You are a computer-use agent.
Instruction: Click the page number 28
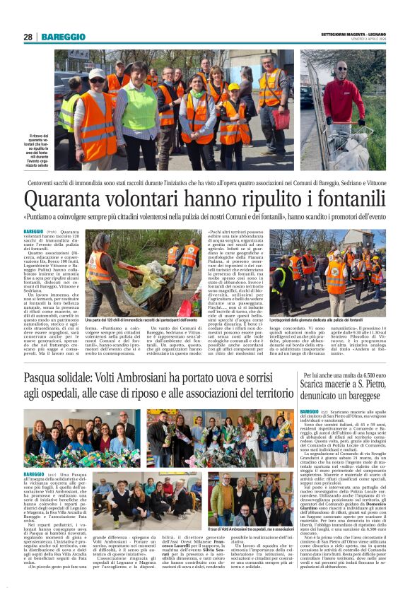[x=28, y=37]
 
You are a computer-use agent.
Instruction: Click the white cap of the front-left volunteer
[x=96, y=72]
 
